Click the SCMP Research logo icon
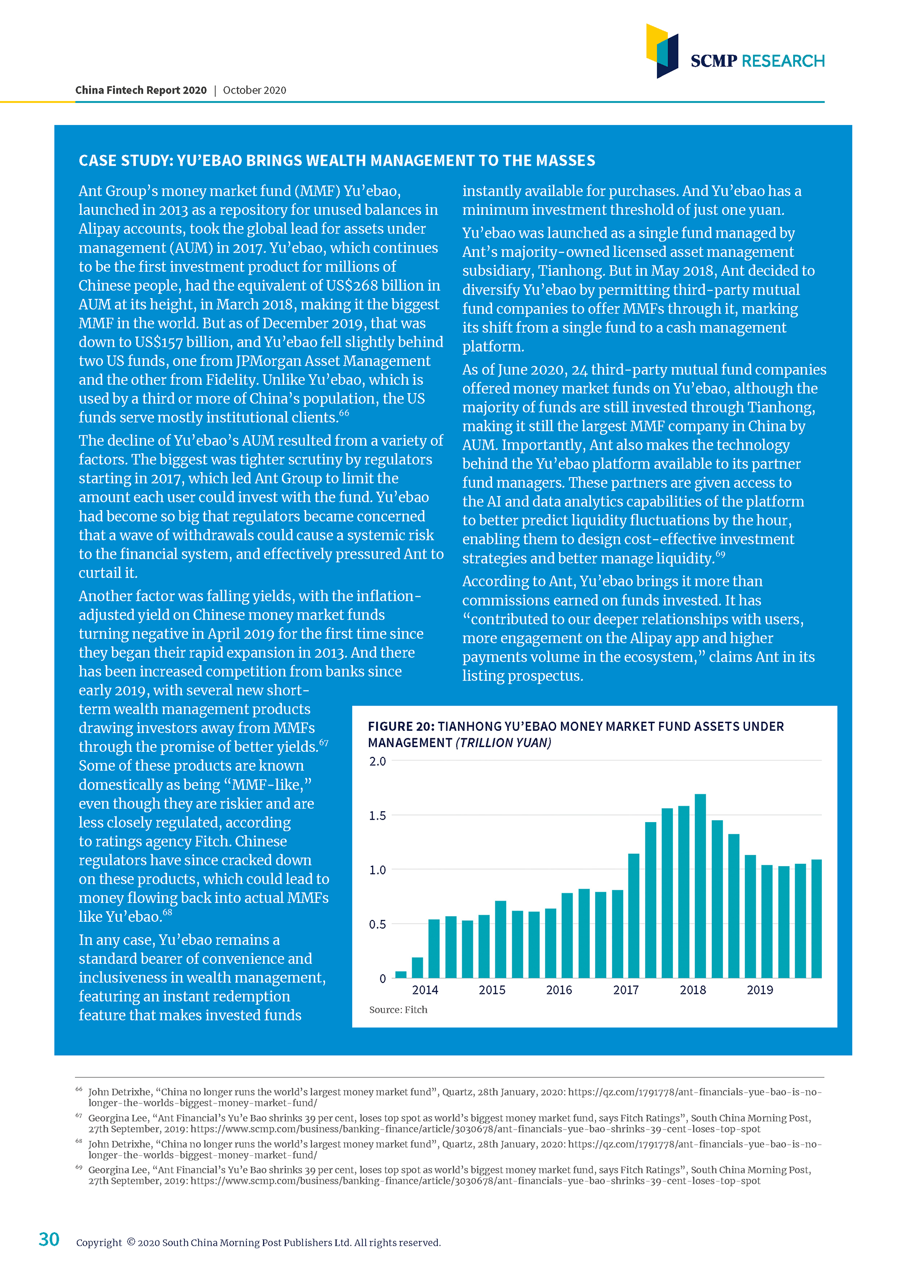pos(662,51)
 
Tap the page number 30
pos(49,1239)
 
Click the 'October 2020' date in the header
pos(254,90)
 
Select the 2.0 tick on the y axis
pos(377,762)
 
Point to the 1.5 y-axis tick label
pos(377,816)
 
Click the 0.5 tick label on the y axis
pos(377,925)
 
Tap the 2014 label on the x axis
pos(425,990)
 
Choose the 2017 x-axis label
pos(626,990)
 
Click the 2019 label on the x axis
pos(759,990)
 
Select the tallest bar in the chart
pos(700,886)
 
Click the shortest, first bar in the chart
pos(401,975)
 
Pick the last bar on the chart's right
pos(817,919)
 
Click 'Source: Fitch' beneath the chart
pos(398,1010)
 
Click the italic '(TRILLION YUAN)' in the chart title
pos(503,743)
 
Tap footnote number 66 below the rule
pos(79,1089)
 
